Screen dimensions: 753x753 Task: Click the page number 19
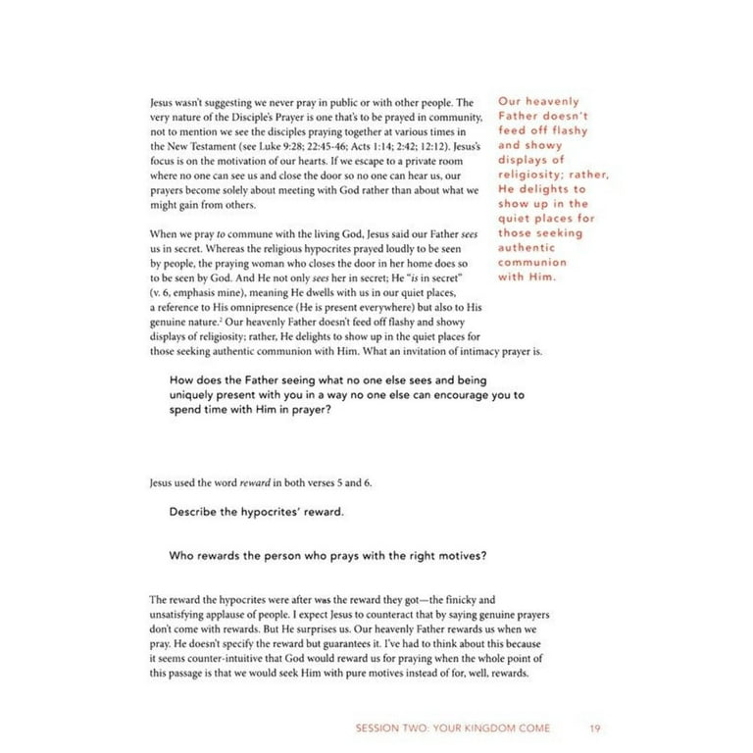point(595,728)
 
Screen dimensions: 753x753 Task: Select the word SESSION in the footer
point(385,728)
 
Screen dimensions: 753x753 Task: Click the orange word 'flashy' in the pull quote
point(569,130)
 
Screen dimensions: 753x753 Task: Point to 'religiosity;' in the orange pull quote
point(535,175)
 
